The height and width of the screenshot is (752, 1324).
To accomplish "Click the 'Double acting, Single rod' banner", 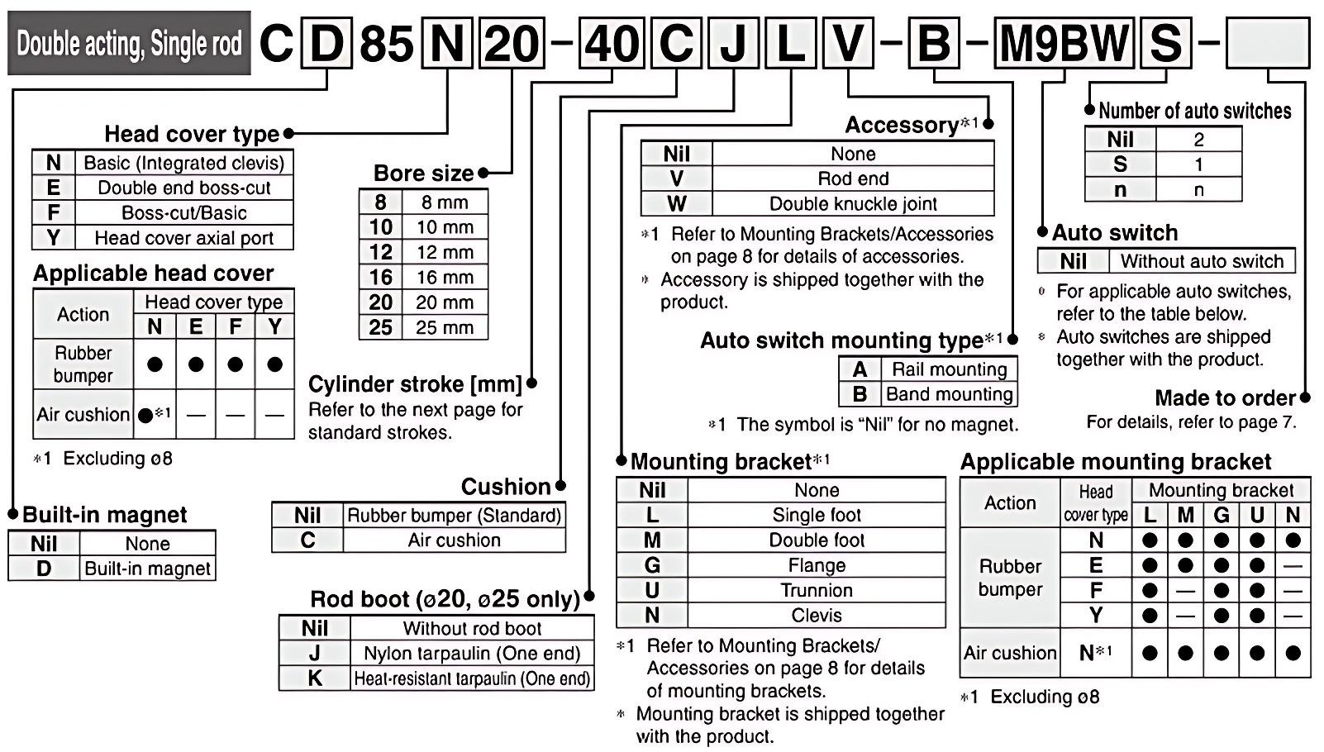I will tap(129, 43).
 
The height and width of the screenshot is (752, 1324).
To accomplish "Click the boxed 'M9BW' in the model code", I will tap(1063, 43).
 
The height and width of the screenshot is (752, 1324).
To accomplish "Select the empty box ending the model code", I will tap(1267, 43).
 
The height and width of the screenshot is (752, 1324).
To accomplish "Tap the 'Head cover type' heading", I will tap(192, 134).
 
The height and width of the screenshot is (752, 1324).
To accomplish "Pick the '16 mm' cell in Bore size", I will tap(445, 278).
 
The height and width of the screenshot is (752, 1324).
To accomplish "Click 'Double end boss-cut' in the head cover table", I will tap(183, 188).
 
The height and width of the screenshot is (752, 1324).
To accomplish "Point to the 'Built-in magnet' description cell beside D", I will tap(148, 569).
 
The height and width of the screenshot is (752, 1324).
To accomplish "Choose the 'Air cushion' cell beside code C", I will tap(454, 540).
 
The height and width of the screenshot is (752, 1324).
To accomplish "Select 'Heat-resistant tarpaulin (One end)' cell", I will tap(472, 678).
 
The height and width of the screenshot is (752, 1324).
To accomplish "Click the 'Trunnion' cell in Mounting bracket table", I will tap(817, 591).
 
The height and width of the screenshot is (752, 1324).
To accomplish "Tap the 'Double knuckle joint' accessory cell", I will tap(853, 204).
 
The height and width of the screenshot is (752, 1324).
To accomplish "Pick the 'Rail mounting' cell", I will tap(949, 369).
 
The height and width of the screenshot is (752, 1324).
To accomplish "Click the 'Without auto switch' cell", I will tap(1202, 262).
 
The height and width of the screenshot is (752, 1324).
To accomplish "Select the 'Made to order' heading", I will tap(1225, 398).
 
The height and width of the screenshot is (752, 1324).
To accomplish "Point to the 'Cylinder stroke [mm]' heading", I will tap(415, 384).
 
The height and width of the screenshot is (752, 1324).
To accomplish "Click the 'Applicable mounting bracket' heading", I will tap(1116, 462).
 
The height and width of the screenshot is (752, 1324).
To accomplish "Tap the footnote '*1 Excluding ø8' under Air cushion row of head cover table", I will tap(103, 459).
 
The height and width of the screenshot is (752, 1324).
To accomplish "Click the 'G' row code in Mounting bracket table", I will tap(652, 566).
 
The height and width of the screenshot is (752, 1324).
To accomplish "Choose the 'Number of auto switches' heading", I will tap(1194, 111).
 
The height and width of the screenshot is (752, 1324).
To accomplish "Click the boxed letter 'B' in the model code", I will tap(934, 43).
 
